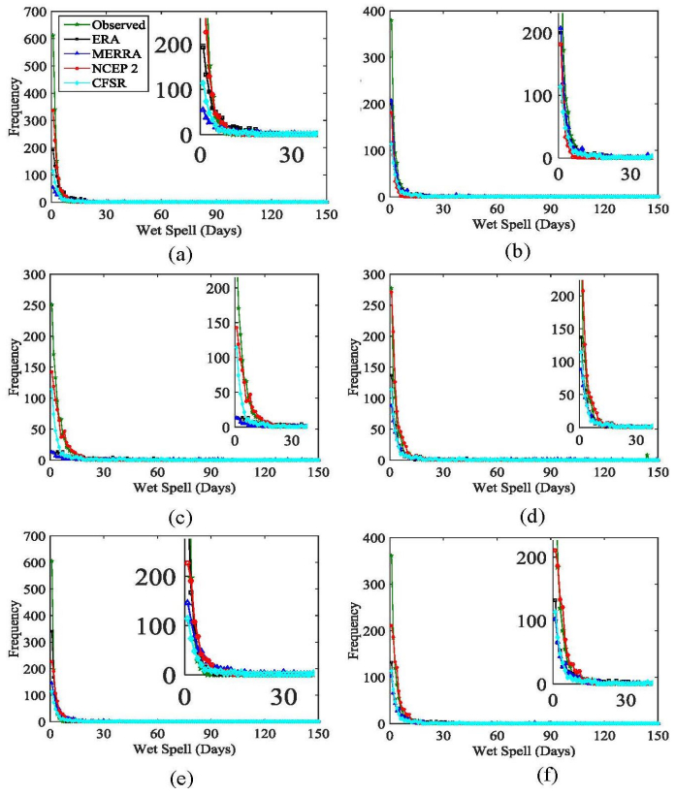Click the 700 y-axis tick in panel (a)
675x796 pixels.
[x=34, y=12]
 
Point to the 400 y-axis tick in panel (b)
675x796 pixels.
[x=373, y=12]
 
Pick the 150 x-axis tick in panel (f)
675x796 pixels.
[x=657, y=737]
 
